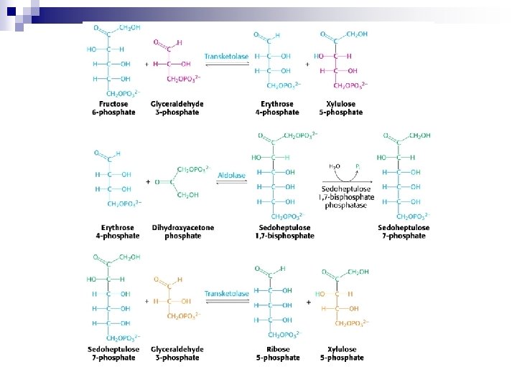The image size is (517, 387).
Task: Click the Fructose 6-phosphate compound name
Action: pos(113,108)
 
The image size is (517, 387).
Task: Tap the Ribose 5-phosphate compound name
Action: pos(278,353)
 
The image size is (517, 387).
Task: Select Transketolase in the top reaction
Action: pos(227,56)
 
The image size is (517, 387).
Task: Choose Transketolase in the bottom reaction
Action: pos(227,294)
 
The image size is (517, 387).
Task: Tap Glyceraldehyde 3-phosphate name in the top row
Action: pos(177,108)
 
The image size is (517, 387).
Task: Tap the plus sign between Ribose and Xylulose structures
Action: pos(308,302)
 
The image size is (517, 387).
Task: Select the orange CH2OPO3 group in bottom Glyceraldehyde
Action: pos(182,316)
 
